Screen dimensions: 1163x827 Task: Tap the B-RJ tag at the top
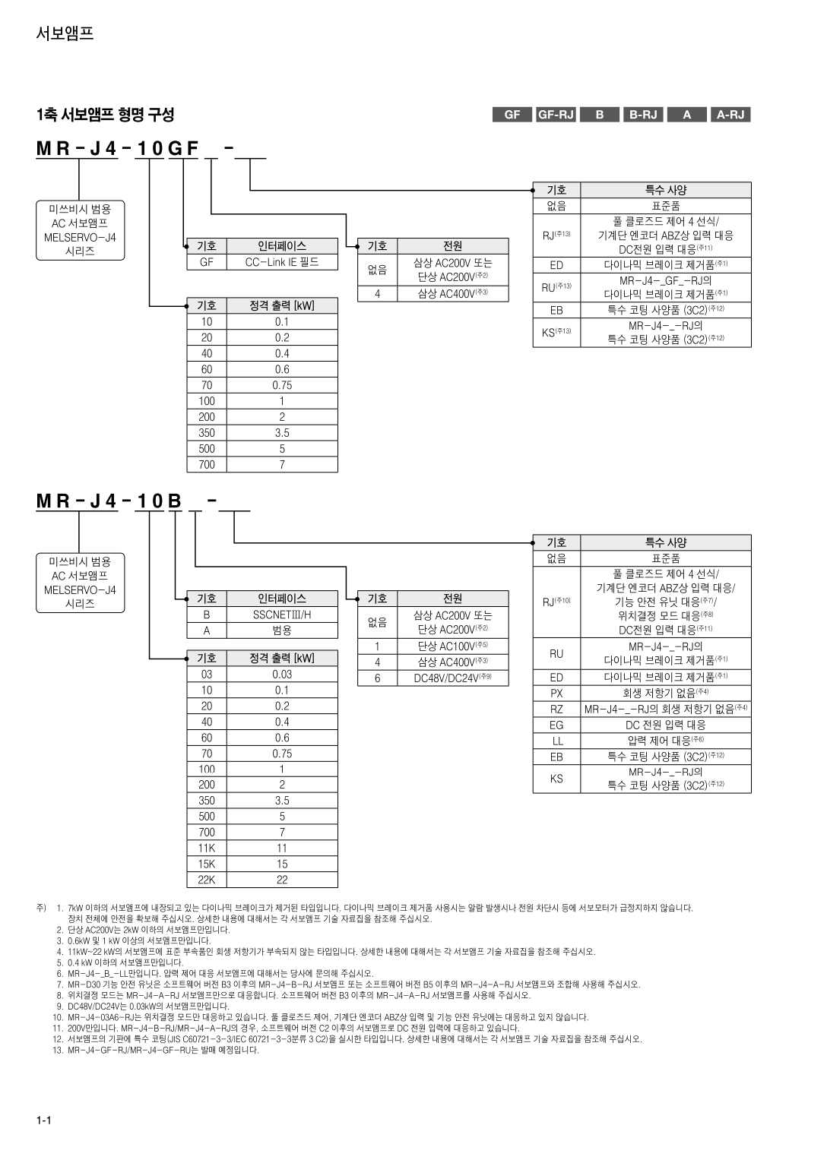[642, 115]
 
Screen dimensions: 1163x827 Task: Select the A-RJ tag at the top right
[730, 115]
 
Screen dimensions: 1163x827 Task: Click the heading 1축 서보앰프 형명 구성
[105, 115]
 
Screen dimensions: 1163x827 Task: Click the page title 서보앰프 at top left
[65, 33]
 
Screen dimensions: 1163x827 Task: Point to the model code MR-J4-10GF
[118, 149]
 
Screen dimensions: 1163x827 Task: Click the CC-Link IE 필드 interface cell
[281, 262]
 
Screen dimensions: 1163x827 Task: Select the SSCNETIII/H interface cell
[281, 615]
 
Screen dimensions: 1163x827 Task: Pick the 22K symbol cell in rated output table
[207, 880]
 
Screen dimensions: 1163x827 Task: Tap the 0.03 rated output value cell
[281, 675]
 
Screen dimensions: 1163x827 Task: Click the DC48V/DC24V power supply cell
[452, 678]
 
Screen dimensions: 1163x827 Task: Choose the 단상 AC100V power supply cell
[452, 646]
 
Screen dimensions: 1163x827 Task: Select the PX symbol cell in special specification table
[556, 693]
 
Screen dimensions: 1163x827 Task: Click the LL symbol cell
[556, 741]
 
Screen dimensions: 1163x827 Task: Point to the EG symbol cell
[556, 725]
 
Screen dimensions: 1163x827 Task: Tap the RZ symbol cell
[556, 709]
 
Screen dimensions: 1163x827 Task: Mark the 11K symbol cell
[207, 848]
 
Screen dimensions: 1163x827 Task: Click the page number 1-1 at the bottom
[43, 1121]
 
